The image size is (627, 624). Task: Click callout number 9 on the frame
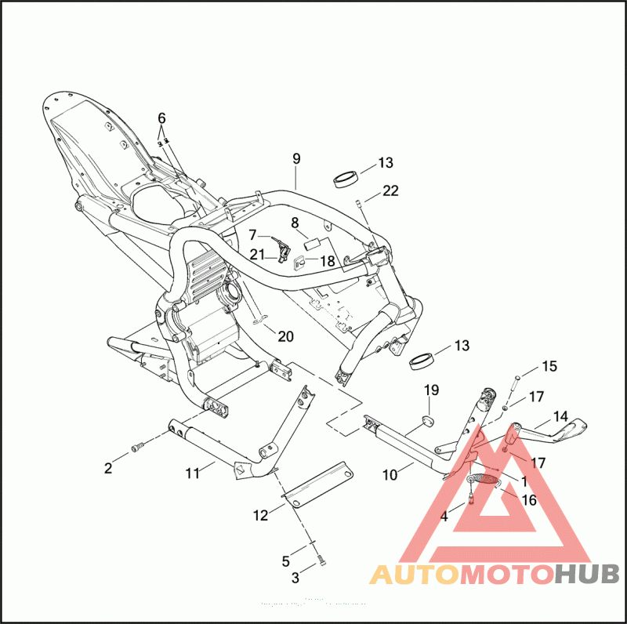tap(296, 159)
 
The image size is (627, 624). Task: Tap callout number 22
tap(390, 190)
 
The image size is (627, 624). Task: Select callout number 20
tap(285, 336)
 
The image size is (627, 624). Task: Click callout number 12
tap(260, 515)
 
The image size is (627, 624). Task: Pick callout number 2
tap(108, 468)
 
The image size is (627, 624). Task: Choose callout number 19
tap(432, 390)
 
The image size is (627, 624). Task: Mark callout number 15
tap(549, 366)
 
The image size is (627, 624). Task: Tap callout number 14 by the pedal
tap(561, 416)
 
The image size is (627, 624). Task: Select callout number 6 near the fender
tap(161, 118)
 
